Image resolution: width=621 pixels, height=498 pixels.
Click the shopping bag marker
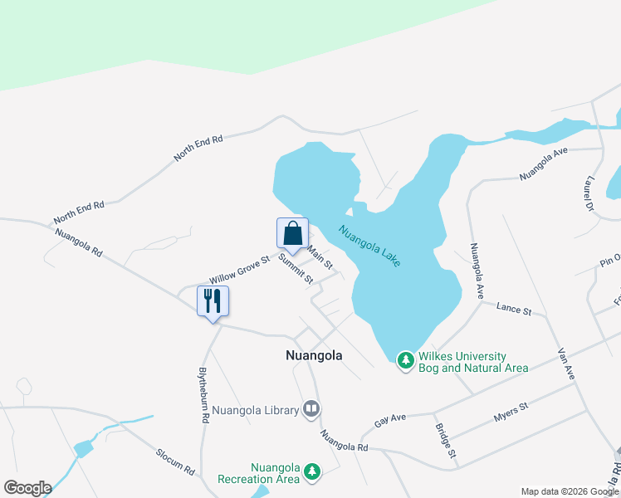pos(292,233)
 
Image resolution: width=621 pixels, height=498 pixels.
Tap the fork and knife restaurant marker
pos(213,301)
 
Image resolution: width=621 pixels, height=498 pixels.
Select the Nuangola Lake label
pos(369,247)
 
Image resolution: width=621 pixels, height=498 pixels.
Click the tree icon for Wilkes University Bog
pos(406,359)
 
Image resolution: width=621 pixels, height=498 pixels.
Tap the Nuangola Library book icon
pos(311,408)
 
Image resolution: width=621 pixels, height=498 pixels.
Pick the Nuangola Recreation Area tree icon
pos(311,471)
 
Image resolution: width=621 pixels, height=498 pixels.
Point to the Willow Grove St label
pos(240,269)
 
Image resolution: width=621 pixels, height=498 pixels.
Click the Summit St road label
pos(296,268)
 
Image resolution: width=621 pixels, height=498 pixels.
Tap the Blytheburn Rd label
pos(203,396)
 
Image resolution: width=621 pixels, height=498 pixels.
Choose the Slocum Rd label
pos(175,461)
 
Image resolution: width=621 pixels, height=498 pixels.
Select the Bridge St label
pos(445,441)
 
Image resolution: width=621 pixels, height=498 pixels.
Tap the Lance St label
pos(513,309)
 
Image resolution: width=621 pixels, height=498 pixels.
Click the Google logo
pos(27,488)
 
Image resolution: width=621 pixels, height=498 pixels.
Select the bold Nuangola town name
pos(314,355)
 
